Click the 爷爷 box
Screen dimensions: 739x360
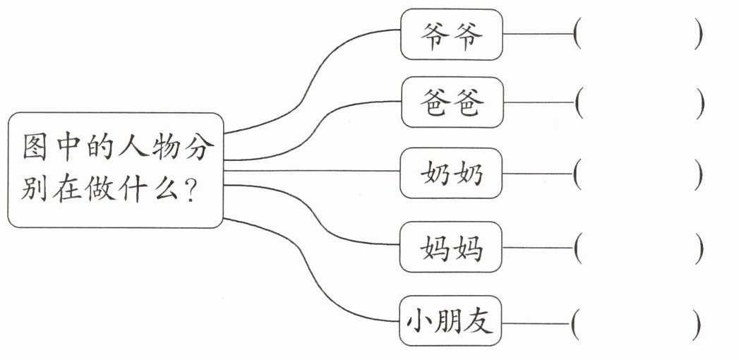click(452, 35)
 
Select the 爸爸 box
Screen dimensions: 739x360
click(452, 102)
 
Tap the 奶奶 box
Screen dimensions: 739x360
click(451, 173)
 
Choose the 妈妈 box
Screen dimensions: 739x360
click(451, 247)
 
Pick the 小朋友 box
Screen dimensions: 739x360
click(450, 321)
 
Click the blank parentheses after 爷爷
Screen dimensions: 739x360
click(638, 34)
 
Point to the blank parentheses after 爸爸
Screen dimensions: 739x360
click(639, 102)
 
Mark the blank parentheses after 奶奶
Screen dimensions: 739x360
click(638, 174)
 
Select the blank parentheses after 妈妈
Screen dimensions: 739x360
click(639, 247)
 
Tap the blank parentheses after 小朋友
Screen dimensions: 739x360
click(636, 324)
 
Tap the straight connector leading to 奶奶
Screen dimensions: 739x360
click(312, 171)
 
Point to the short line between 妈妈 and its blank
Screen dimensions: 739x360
click(539, 247)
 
